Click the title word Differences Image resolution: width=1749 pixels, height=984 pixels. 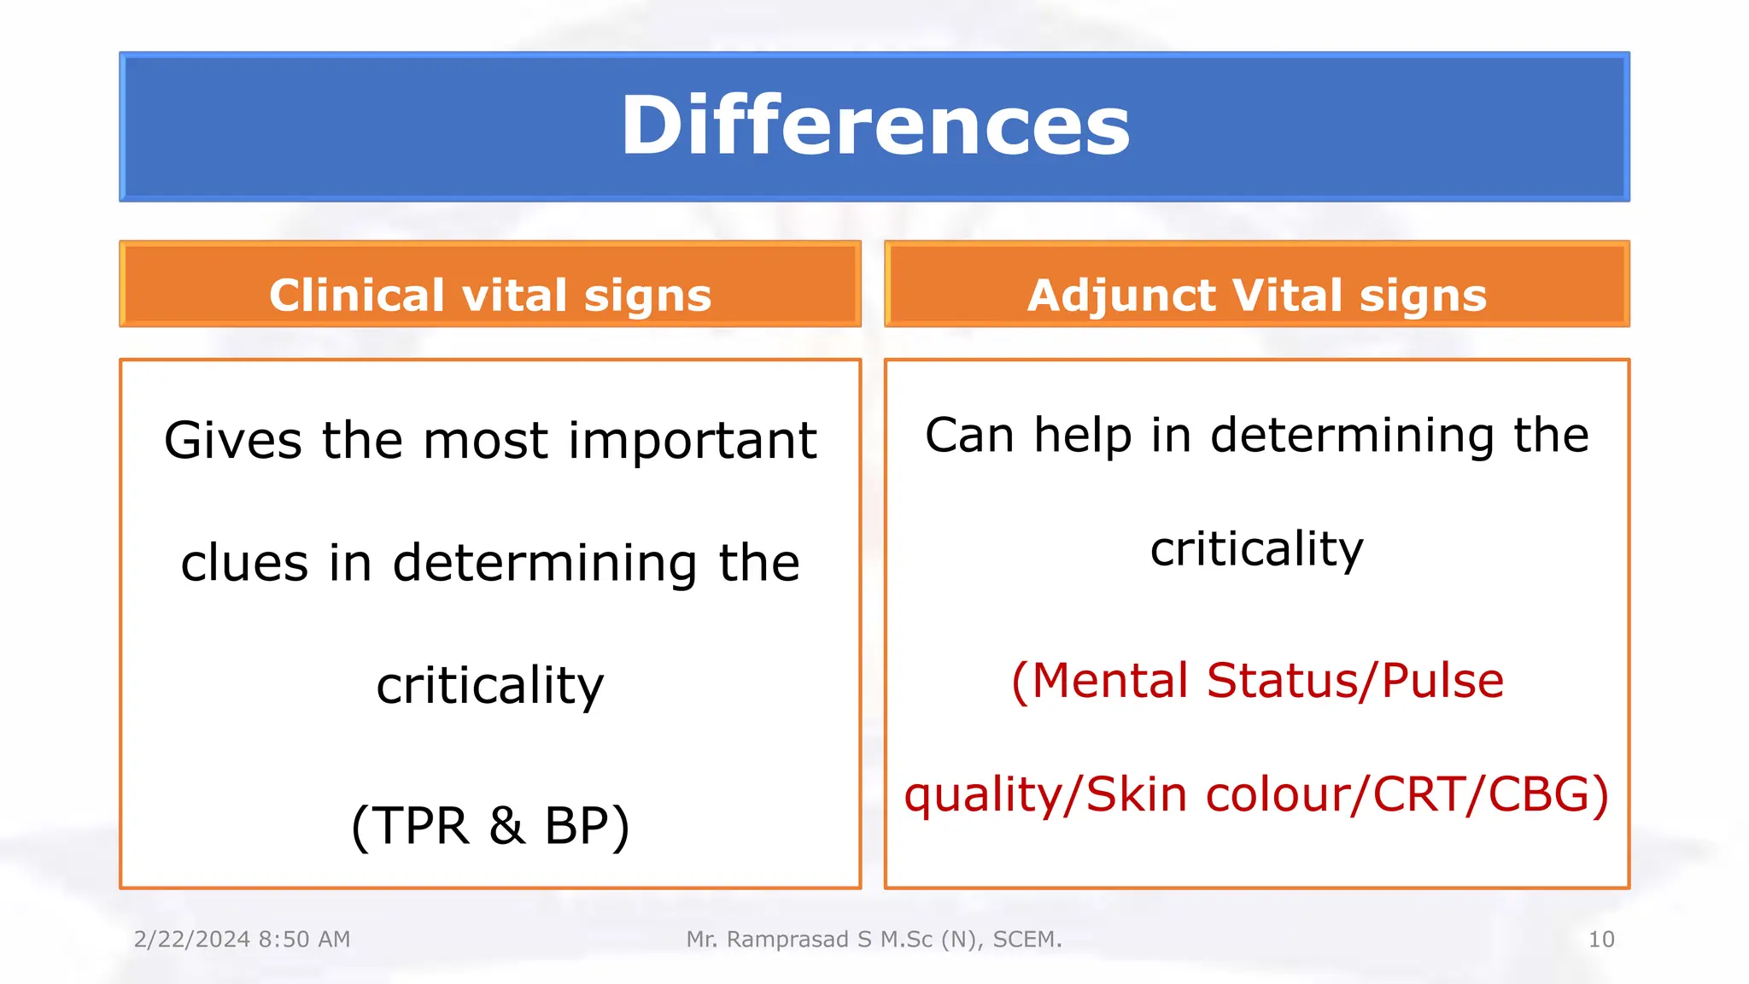click(x=874, y=126)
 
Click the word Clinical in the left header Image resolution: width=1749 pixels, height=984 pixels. click(x=356, y=296)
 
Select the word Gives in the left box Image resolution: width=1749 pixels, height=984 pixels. click(x=232, y=441)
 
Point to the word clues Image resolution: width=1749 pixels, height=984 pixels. click(x=244, y=564)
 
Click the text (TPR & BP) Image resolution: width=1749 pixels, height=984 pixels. click(x=490, y=825)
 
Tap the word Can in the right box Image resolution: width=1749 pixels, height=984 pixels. click(x=968, y=435)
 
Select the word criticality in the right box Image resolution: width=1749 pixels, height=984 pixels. click(x=1256, y=548)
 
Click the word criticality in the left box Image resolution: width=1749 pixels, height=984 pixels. click(x=490, y=686)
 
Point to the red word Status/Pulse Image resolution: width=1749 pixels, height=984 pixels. click(x=1354, y=681)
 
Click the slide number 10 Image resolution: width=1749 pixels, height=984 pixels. click(x=1600, y=940)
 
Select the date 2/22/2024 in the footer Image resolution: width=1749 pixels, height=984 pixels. click(x=192, y=940)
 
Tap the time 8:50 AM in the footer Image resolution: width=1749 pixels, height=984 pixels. click(x=304, y=940)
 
